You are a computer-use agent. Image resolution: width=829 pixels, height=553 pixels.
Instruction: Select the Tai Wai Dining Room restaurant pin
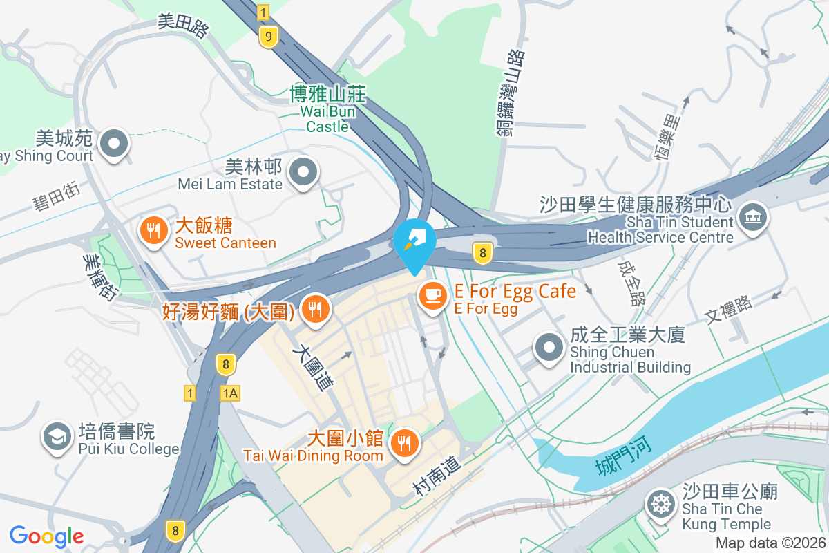click(x=404, y=443)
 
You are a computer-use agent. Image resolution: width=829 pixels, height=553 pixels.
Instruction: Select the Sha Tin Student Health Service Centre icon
click(x=752, y=217)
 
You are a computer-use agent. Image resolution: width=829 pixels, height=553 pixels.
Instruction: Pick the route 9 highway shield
click(x=268, y=36)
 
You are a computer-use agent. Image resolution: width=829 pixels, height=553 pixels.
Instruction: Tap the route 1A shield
click(x=230, y=393)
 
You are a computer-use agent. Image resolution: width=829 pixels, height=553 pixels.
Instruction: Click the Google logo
click(x=46, y=536)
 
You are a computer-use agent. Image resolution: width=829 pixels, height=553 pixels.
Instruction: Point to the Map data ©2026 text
click(x=770, y=543)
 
